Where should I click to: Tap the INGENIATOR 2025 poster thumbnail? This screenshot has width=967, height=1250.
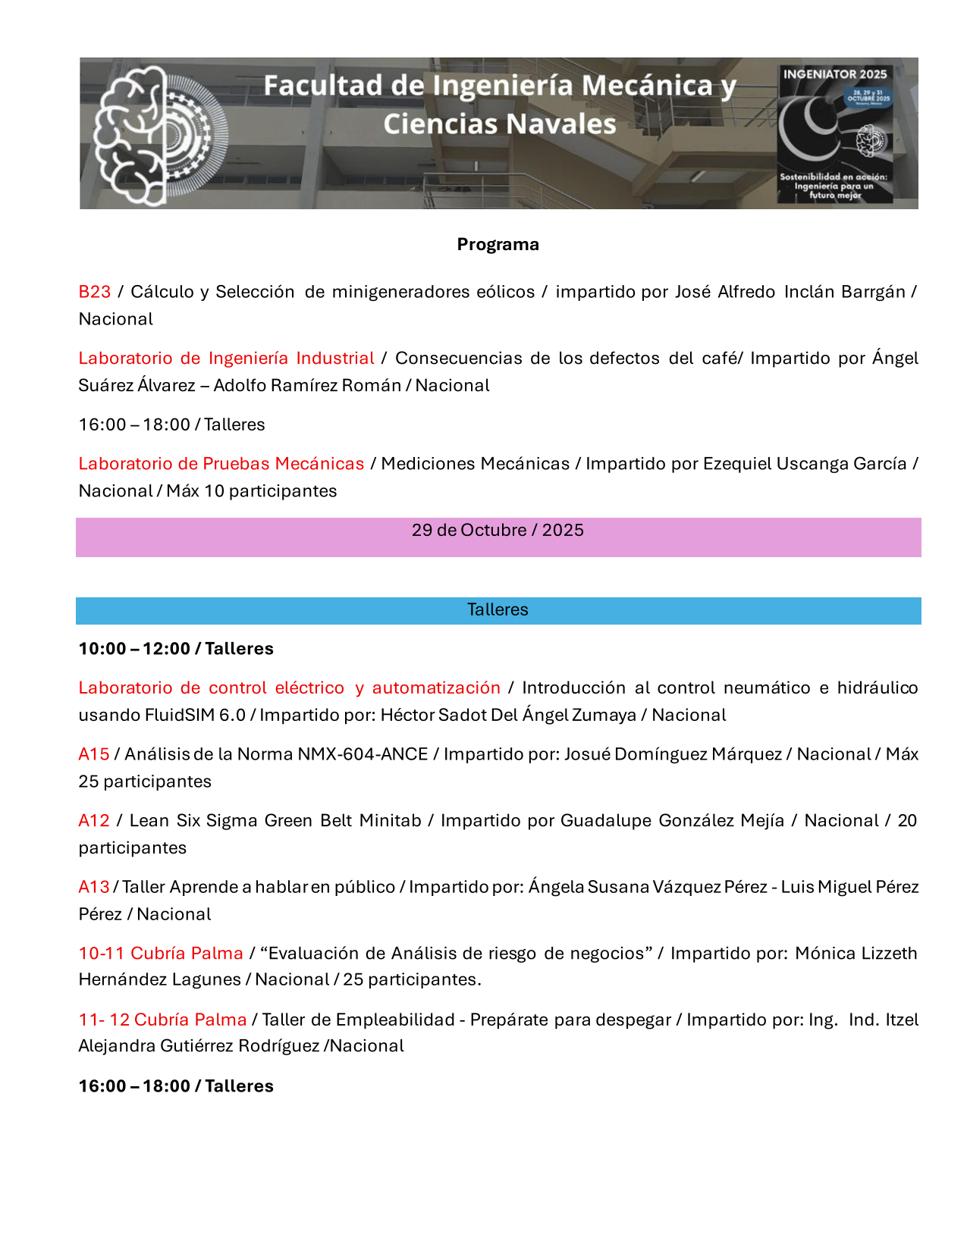pyautogui.click(x=834, y=134)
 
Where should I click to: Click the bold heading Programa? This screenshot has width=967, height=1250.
pyautogui.click(x=498, y=244)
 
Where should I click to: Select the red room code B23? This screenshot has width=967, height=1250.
pyautogui.click(x=95, y=292)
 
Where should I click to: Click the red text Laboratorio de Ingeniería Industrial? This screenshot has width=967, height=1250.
pyautogui.click(x=226, y=358)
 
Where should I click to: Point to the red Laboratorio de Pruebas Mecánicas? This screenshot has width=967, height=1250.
pyautogui.click(x=221, y=463)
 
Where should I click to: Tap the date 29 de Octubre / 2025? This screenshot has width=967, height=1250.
pyautogui.click(x=498, y=530)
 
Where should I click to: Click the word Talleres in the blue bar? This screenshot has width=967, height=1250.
pyautogui.click(x=498, y=609)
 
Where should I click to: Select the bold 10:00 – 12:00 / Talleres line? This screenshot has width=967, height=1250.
pyautogui.click(x=176, y=648)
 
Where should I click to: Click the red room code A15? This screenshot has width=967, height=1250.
pyautogui.click(x=94, y=753)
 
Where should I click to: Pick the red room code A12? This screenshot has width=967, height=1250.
pyautogui.click(x=94, y=820)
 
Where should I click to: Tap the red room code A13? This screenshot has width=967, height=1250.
pyautogui.click(x=94, y=886)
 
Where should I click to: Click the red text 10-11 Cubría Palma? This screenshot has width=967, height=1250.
pyautogui.click(x=161, y=953)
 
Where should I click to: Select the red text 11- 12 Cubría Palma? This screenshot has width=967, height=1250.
pyautogui.click(x=162, y=1020)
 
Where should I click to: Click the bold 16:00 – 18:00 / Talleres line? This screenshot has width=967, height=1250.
pyautogui.click(x=176, y=1086)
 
